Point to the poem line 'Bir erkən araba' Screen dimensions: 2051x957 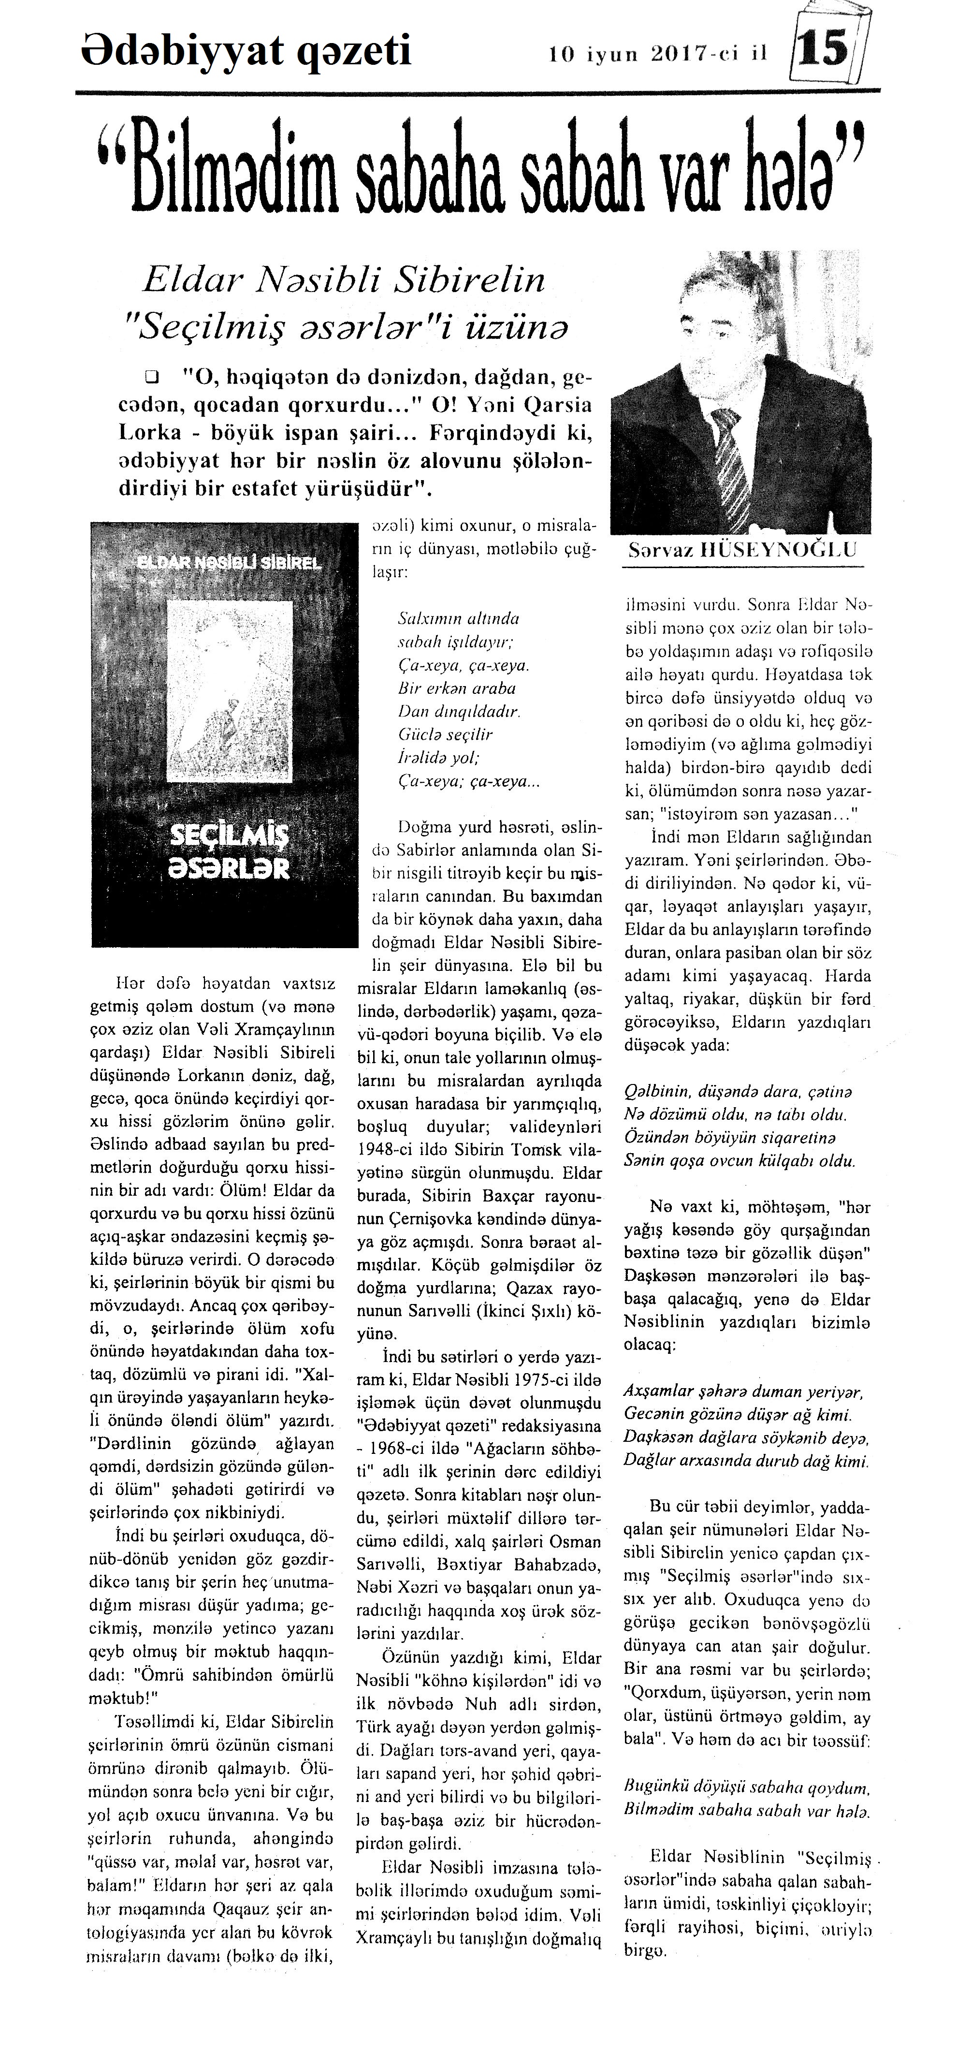point(455,688)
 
